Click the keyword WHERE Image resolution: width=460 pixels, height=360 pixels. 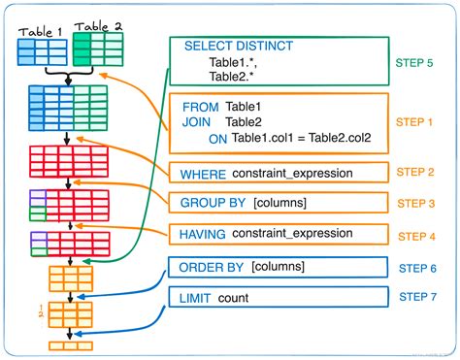(204, 173)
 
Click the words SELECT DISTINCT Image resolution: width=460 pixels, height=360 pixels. (238, 46)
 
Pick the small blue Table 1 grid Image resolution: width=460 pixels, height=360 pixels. (42, 51)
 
